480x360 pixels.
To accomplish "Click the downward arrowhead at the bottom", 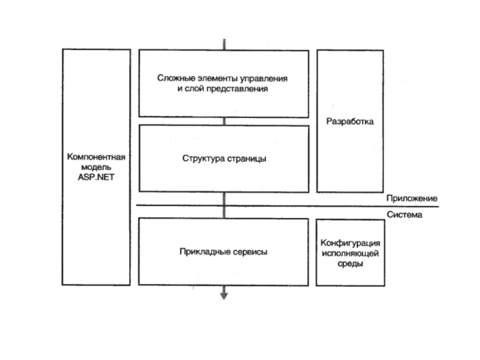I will pyautogui.click(x=224, y=294).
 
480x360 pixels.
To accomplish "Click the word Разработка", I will pyautogui.click(x=350, y=122).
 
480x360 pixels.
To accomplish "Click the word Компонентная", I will pyautogui.click(x=96, y=157).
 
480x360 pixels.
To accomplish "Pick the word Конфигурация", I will pyautogui.click(x=350, y=243).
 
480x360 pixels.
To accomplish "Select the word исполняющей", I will pyautogui.click(x=350, y=254).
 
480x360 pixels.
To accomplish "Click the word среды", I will pyautogui.click(x=350, y=264).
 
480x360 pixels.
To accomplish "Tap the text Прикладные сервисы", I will pyautogui.click(x=223, y=252).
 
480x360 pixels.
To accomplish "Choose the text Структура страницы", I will pyautogui.click(x=224, y=159).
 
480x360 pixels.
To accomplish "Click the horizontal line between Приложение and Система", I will pyautogui.click(x=288, y=206).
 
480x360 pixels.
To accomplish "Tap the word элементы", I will pyautogui.click(x=214, y=78).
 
